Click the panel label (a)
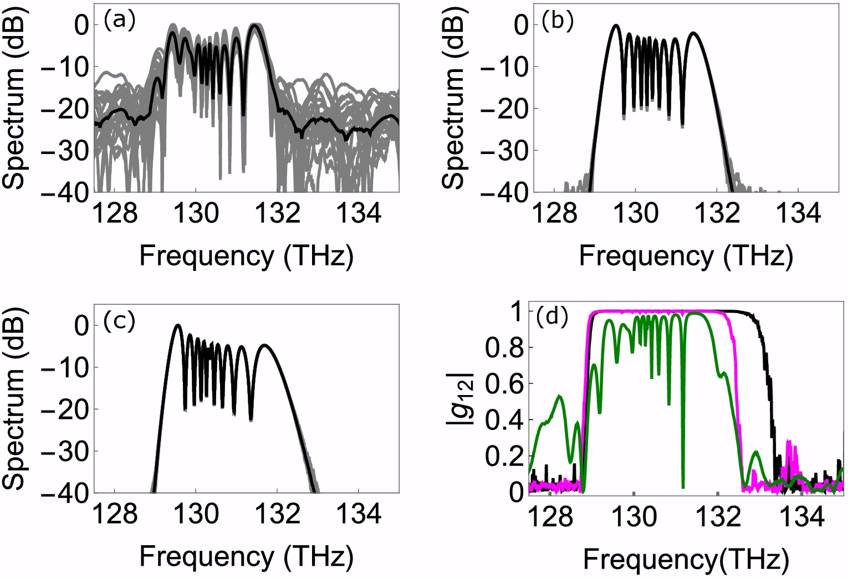pyautogui.click(x=119, y=21)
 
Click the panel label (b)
pyautogui.click(x=558, y=21)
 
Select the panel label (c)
pyautogui.click(x=119, y=323)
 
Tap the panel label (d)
pyautogui.click(x=552, y=316)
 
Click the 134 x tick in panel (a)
pyautogui.click(x=359, y=213)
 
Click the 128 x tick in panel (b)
pyautogui.click(x=555, y=213)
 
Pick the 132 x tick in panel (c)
pyautogui.click(x=278, y=515)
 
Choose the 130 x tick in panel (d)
pyautogui.click(x=634, y=517)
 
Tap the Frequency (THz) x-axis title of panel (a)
pyautogui.click(x=247, y=257)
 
